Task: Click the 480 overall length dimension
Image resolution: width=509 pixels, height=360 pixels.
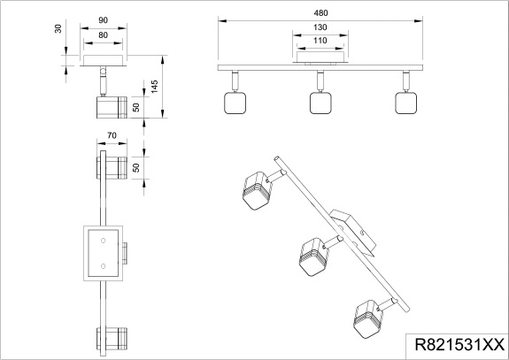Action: pyautogui.click(x=320, y=13)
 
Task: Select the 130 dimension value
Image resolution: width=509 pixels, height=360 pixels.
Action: pyautogui.click(x=320, y=27)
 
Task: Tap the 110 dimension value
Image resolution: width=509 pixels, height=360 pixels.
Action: pyautogui.click(x=320, y=41)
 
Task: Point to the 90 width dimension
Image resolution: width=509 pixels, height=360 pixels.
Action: pyautogui.click(x=103, y=20)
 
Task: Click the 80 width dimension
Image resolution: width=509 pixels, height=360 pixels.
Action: pyautogui.click(x=103, y=34)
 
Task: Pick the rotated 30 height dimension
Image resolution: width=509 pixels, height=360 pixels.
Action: pyautogui.click(x=58, y=28)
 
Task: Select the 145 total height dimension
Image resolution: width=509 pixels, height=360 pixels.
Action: pyautogui.click(x=154, y=87)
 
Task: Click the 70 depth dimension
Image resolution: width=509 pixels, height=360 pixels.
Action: pyautogui.click(x=112, y=135)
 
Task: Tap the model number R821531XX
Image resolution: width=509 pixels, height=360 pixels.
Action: pyautogui.click(x=459, y=344)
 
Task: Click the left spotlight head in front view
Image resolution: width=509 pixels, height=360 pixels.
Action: pyautogui.click(x=235, y=103)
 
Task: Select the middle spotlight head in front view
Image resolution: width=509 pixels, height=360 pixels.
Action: pyautogui.click(x=320, y=103)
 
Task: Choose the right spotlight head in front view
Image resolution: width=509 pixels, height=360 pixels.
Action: pyautogui.click(x=405, y=103)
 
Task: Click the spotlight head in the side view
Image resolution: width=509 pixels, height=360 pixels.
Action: pyautogui.click(x=112, y=107)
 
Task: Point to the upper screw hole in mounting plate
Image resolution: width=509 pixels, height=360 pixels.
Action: pyautogui.click(x=104, y=241)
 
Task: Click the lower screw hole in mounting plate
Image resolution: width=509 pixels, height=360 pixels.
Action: pyautogui.click(x=104, y=266)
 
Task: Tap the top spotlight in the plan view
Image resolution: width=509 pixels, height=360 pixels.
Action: pyautogui.click(x=112, y=168)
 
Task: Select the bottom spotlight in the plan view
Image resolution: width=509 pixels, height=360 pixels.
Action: pyautogui.click(x=112, y=339)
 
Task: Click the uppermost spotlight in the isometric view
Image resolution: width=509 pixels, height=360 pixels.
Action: pyautogui.click(x=257, y=190)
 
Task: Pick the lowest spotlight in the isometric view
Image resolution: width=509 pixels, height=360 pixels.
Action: pyautogui.click(x=367, y=319)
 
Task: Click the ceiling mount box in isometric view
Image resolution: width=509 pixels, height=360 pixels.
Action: pyautogui.click(x=354, y=233)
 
